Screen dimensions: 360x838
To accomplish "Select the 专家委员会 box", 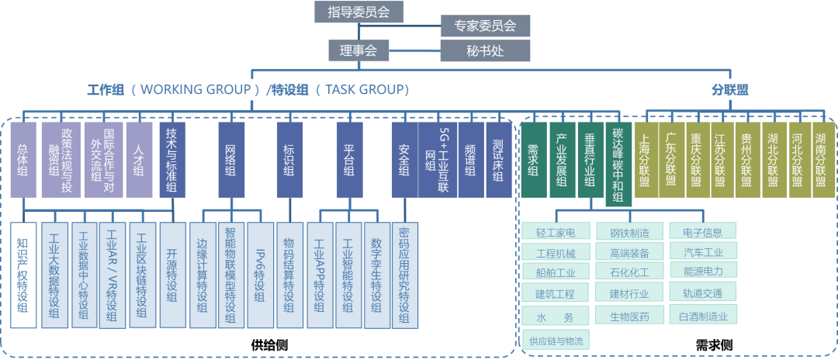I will tap(485, 26).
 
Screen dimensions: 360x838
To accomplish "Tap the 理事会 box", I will tap(358, 51).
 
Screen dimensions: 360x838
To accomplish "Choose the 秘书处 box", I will tap(485, 51).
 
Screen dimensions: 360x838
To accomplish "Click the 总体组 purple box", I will tap(23, 159).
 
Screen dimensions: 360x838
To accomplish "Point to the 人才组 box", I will tap(139, 159).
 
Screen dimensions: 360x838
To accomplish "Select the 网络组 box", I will tap(230, 159).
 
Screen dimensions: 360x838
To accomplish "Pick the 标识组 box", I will tap(289, 159).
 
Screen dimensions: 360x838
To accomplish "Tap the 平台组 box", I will tap(349, 159).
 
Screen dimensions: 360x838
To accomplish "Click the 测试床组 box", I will tap(497, 159).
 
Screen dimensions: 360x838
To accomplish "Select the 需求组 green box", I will tap(533, 159).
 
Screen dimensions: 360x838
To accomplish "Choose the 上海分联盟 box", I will tap(646, 159).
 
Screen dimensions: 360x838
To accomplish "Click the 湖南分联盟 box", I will tap(821, 159).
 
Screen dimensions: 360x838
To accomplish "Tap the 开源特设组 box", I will tap(172, 275).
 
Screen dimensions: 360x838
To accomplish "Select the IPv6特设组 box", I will tap(259, 275).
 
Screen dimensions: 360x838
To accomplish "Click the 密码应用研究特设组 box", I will tap(405, 275).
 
